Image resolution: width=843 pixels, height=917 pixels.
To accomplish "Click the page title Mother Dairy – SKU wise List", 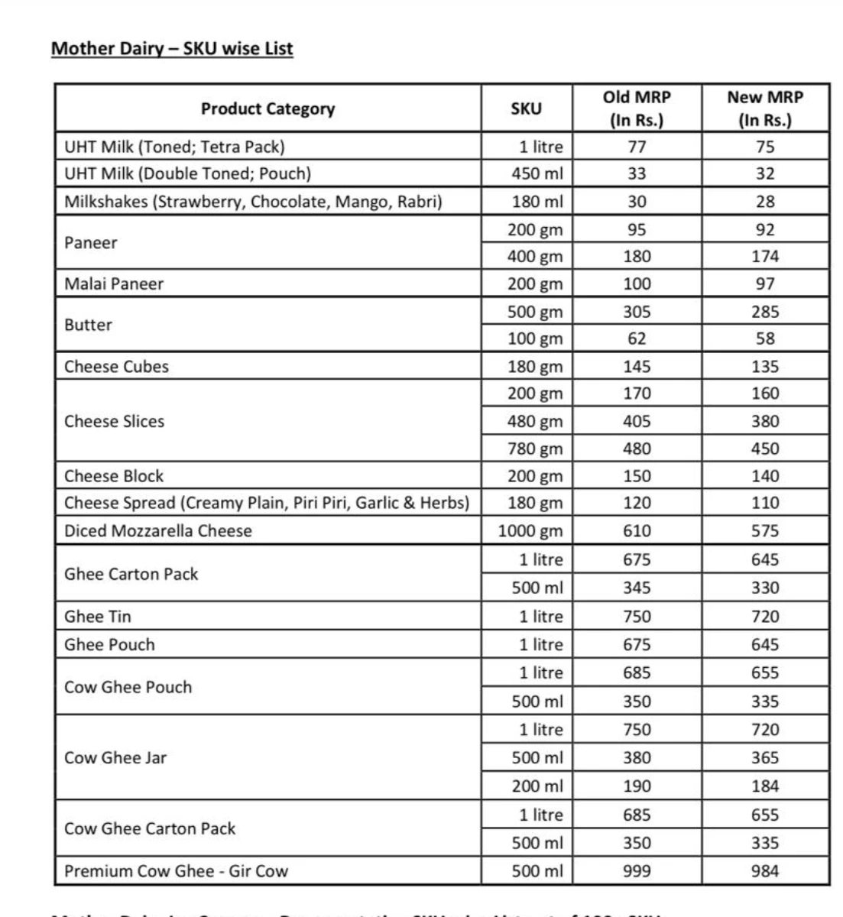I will [x=172, y=49].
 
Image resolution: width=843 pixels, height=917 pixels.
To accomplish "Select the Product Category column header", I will [x=267, y=109].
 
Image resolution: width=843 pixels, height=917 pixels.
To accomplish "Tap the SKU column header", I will [x=526, y=109].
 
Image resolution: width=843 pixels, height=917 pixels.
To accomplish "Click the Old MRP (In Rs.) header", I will [x=637, y=109].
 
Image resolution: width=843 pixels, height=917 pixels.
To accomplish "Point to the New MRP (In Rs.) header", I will [x=765, y=109].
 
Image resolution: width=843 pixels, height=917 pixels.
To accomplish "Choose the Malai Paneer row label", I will [x=114, y=284].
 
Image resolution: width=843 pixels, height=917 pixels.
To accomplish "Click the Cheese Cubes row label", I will [x=116, y=366].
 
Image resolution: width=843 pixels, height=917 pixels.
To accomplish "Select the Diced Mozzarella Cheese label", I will [x=157, y=530].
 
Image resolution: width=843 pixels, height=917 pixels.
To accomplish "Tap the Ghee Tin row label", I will [x=97, y=616].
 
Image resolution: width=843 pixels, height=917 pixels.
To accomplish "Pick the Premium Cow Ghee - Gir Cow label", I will [x=176, y=871].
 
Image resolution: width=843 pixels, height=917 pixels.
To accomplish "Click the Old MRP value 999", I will [x=637, y=871].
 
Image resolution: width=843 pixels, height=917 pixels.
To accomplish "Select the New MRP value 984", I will [x=765, y=871].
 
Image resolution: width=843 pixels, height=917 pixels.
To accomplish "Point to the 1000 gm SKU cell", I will [x=530, y=530].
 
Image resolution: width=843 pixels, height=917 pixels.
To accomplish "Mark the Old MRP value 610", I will [x=637, y=530].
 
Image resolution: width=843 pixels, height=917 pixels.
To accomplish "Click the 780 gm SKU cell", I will [x=535, y=449].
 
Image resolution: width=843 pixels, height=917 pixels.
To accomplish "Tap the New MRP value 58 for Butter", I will [x=765, y=339].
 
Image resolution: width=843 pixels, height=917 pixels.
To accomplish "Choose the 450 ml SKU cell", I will [x=537, y=173].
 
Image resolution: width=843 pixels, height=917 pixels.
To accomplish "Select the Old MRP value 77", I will [x=637, y=147].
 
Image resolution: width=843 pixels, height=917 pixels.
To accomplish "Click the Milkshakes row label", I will [x=253, y=202].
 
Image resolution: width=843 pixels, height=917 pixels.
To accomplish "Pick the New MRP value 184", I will [x=765, y=786].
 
